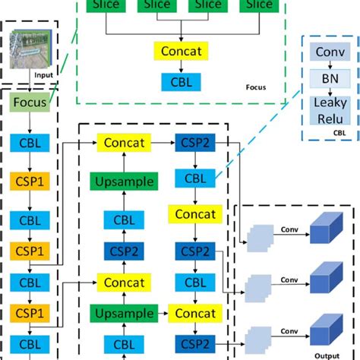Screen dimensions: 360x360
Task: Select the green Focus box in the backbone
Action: coord(29,101)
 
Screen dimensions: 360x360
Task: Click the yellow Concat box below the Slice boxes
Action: coord(182,52)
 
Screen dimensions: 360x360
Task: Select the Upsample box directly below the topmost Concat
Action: coord(123,182)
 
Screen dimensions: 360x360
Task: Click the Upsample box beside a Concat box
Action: coord(123,313)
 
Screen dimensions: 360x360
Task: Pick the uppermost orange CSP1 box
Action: coord(29,183)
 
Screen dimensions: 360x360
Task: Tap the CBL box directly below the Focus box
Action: coord(29,142)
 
